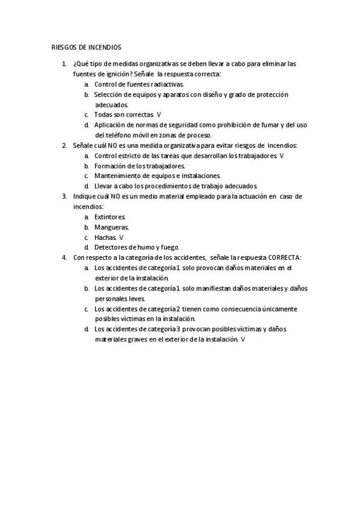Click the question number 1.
(64, 64)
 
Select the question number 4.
(64, 257)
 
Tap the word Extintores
(110, 217)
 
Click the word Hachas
(105, 237)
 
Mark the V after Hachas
(121, 237)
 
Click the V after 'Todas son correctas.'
(159, 114)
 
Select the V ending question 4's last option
(243, 340)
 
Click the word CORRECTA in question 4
(285, 257)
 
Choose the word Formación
(110, 166)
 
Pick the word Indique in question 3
(84, 196)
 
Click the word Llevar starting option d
(103, 186)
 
